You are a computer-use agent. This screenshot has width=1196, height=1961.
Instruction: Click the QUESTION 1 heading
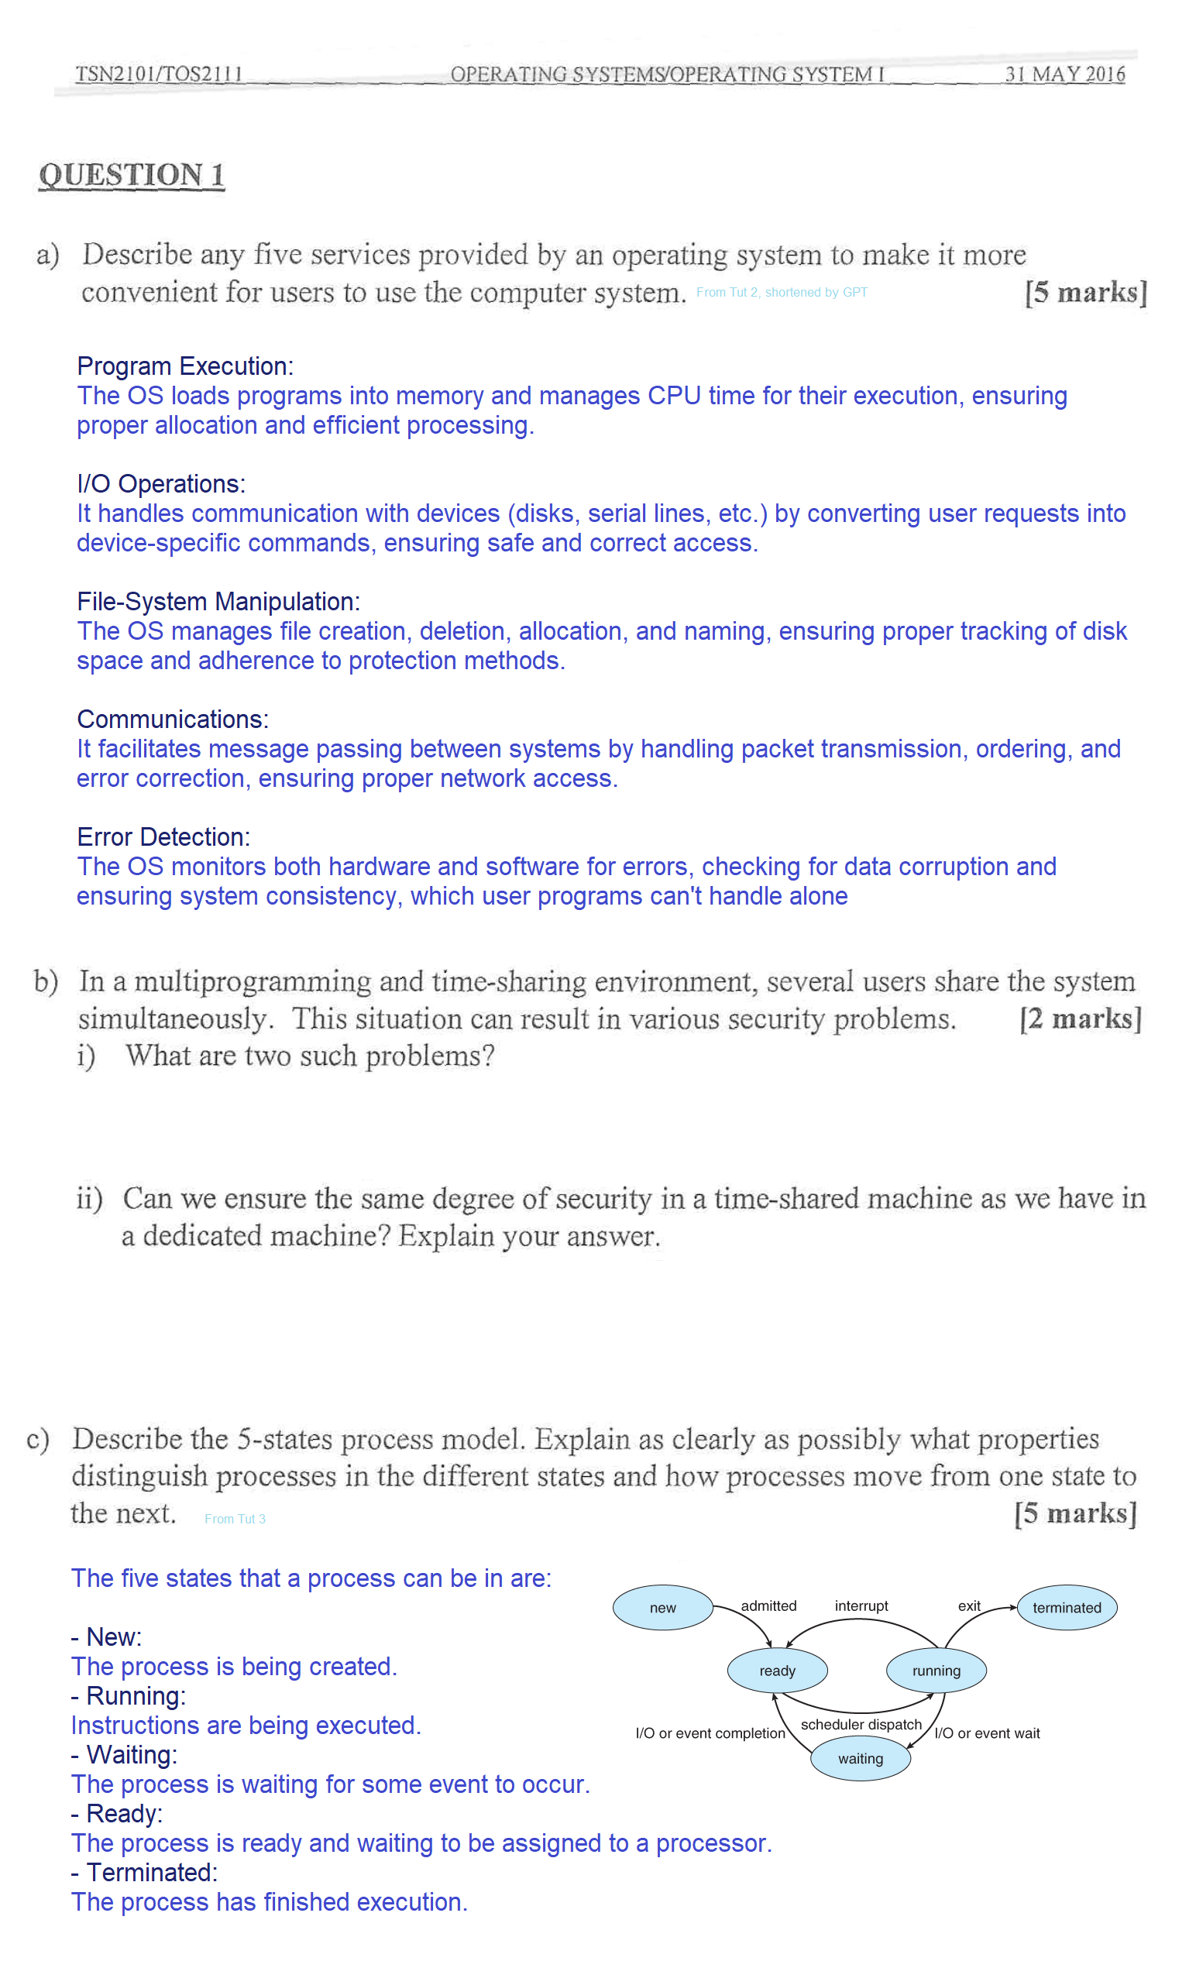click(132, 175)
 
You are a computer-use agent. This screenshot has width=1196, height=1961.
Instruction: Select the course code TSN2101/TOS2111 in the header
click(158, 74)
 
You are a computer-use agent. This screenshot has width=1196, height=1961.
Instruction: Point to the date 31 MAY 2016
click(1064, 74)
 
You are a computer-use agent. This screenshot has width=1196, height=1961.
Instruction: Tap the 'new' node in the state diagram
click(662, 1607)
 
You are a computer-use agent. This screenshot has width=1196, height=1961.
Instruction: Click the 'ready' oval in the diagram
click(777, 1670)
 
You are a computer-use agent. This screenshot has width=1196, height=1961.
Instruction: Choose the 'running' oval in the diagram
click(936, 1670)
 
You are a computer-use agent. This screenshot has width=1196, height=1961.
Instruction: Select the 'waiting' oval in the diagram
click(859, 1758)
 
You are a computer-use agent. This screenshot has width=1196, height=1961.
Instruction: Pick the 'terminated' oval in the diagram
click(1067, 1607)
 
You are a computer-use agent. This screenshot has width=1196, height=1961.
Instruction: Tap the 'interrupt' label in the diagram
click(861, 1606)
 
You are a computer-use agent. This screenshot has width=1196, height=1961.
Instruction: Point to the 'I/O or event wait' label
click(987, 1733)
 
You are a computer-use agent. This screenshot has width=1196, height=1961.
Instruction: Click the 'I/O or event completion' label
click(710, 1733)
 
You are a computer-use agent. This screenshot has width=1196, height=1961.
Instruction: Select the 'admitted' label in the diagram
click(768, 1606)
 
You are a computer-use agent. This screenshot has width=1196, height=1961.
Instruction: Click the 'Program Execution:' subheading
click(184, 366)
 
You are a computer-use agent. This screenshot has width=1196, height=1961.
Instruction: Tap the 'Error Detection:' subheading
click(163, 836)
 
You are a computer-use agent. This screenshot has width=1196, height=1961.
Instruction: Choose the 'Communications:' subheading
click(173, 719)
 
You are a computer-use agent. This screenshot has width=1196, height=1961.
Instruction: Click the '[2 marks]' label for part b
click(1080, 1018)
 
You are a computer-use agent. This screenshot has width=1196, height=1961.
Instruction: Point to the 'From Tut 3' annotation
click(235, 1518)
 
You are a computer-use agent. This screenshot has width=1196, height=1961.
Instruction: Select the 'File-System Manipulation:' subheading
click(218, 601)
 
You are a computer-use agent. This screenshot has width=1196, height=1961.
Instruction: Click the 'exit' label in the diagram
click(968, 1606)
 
